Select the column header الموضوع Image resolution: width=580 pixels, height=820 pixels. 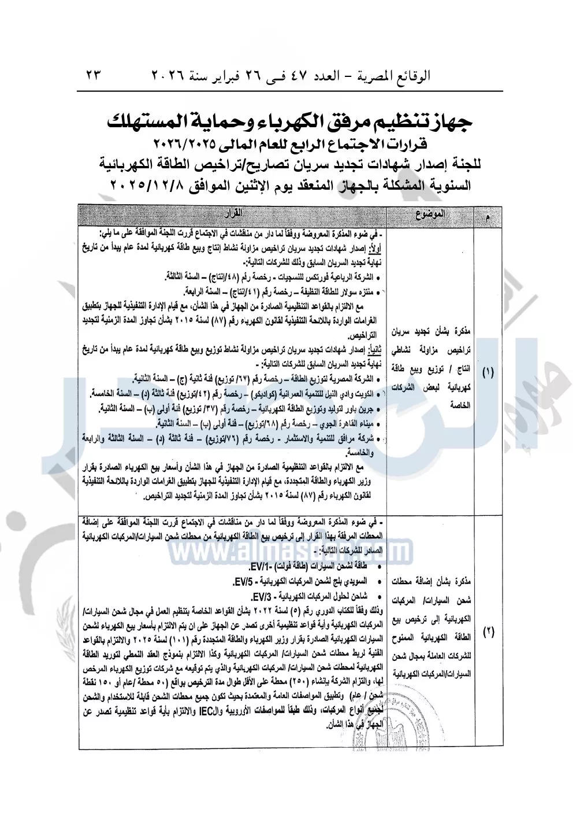pyautogui.click(x=430, y=215)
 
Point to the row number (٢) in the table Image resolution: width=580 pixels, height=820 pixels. pyautogui.click(x=488, y=631)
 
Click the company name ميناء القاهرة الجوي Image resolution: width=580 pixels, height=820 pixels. pyautogui.click(x=341, y=423)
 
